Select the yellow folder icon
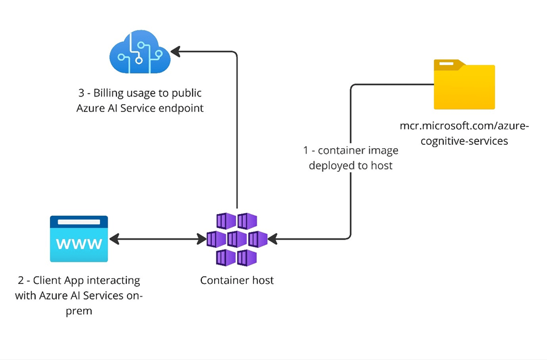(464, 85)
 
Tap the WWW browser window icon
(79, 238)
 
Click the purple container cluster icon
(236, 239)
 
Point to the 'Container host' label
(236, 280)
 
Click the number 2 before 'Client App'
(20, 280)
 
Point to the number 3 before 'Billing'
(81, 93)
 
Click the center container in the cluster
(236, 239)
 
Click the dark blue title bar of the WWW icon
(79, 222)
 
